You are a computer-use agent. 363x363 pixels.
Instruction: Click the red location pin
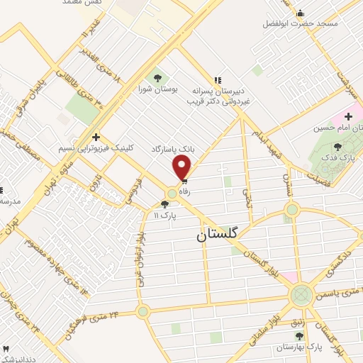click(x=183, y=168)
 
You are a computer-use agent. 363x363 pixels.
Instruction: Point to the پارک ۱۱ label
click(x=162, y=214)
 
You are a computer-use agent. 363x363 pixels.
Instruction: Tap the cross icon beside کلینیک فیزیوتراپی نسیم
click(x=96, y=136)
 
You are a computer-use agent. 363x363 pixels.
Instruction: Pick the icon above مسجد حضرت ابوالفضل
click(x=299, y=13)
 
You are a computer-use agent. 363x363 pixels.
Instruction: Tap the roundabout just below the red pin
click(x=172, y=194)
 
